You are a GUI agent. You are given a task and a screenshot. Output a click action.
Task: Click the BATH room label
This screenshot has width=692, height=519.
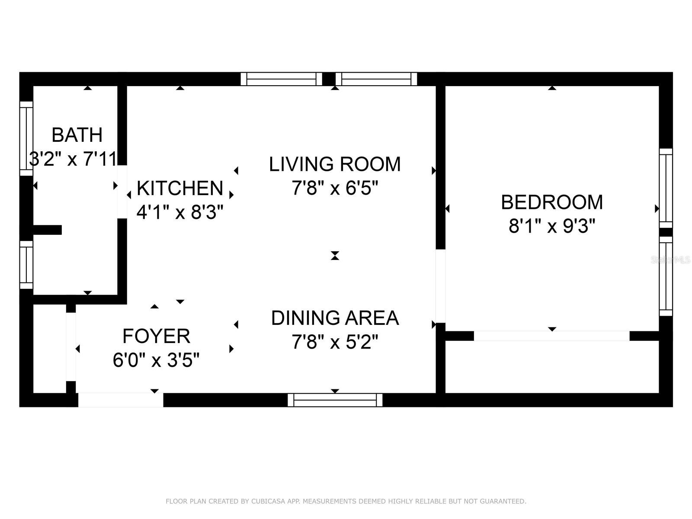(x=77, y=135)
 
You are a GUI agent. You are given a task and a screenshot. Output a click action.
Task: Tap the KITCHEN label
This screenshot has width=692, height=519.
(x=180, y=188)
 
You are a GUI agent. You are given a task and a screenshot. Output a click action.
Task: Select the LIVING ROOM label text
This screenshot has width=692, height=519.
(x=335, y=164)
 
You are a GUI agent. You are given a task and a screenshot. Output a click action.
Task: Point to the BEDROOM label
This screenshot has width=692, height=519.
(x=552, y=202)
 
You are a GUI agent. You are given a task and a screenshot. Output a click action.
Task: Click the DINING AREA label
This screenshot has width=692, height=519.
(x=335, y=318)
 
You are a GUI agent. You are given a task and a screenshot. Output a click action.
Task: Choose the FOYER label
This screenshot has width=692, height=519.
(x=157, y=336)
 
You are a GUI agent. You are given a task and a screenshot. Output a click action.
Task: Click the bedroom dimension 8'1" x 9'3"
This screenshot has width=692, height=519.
(x=552, y=226)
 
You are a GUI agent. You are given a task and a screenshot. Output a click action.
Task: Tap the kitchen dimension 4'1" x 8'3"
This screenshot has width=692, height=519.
(x=180, y=212)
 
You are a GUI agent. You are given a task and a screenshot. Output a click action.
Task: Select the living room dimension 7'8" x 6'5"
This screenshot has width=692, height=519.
(x=335, y=189)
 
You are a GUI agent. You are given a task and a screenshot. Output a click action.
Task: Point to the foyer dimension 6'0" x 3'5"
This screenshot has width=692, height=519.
(x=157, y=360)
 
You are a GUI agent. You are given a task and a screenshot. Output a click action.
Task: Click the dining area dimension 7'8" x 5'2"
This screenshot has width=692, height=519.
(x=335, y=342)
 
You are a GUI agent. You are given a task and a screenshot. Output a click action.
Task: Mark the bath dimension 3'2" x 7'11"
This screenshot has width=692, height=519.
(x=74, y=159)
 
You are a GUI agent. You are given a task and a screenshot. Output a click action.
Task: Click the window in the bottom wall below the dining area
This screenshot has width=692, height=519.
(x=335, y=400)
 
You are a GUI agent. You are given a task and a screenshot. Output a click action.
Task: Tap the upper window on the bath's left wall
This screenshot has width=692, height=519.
(x=26, y=139)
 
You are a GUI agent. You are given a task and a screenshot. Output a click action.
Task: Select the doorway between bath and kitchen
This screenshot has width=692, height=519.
(x=122, y=192)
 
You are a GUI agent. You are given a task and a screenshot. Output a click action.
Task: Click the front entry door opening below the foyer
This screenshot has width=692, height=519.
(x=121, y=400)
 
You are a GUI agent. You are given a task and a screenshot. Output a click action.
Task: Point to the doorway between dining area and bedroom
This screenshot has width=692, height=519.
(x=441, y=286)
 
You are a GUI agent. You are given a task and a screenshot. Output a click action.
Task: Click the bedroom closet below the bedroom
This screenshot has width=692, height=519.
(x=552, y=367)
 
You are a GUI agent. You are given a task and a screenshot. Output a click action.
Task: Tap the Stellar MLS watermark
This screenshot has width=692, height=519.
(x=670, y=260)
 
